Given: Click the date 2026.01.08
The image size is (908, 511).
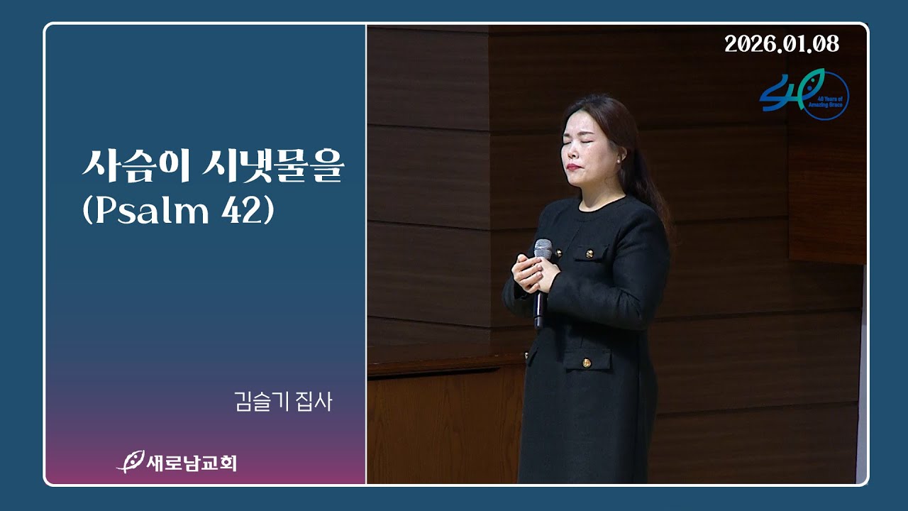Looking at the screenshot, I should pyautogui.click(x=782, y=44).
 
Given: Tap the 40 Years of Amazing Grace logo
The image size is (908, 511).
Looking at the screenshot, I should pyautogui.click(x=804, y=94).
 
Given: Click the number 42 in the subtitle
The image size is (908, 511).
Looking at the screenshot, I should pyautogui.click(x=240, y=211).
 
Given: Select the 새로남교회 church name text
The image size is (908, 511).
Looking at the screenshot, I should pyautogui.click(x=192, y=463).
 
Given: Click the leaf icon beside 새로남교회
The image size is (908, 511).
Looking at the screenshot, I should pyautogui.click(x=131, y=462).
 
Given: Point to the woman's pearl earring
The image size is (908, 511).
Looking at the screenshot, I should pyautogui.click(x=619, y=161).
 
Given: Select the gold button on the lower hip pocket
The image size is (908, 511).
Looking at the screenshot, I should pyautogui.click(x=587, y=363).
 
